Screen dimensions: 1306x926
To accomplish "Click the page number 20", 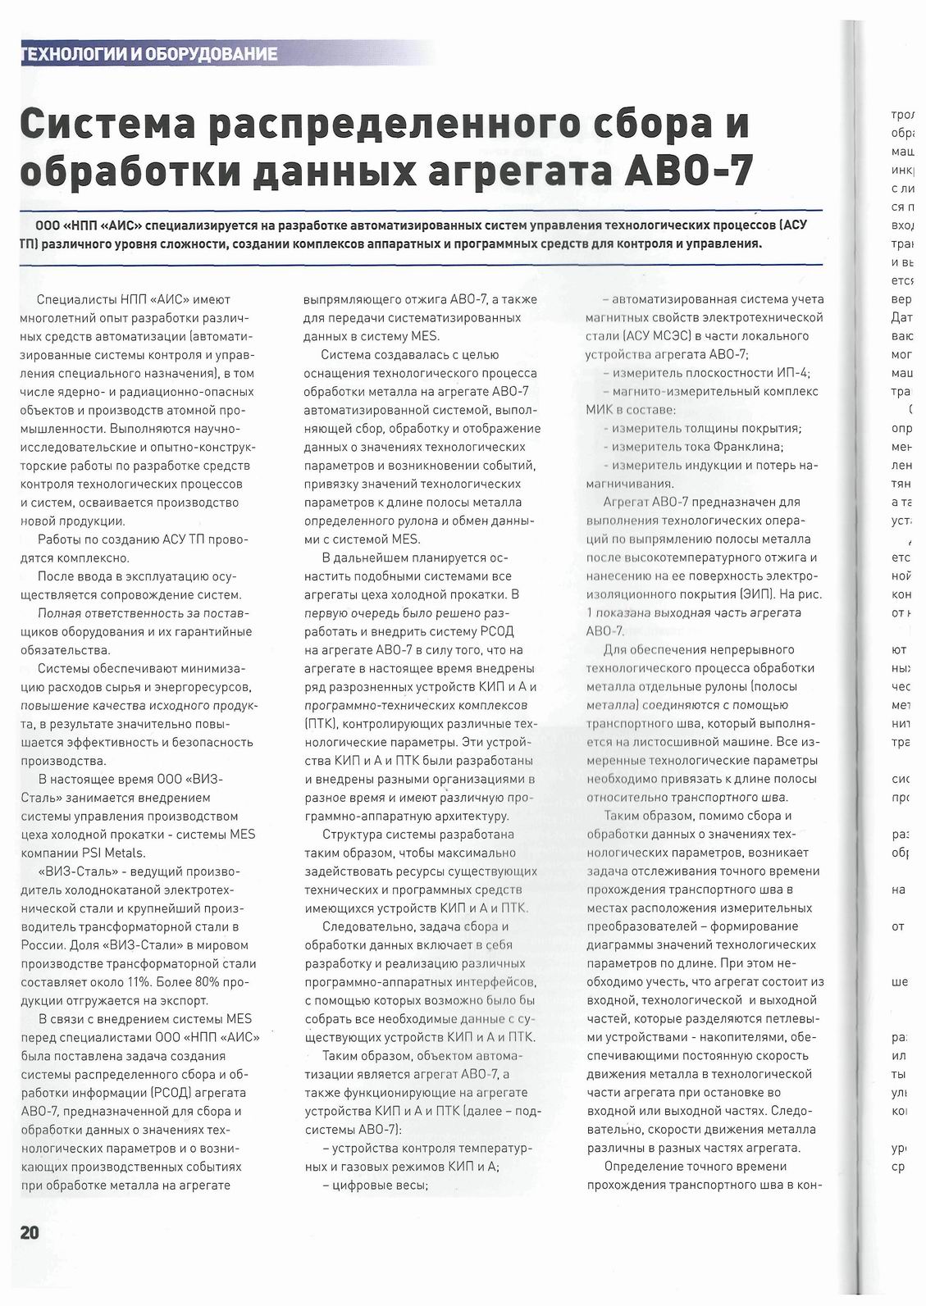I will (x=29, y=1232).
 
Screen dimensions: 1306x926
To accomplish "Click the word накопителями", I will (x=733, y=1037).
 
